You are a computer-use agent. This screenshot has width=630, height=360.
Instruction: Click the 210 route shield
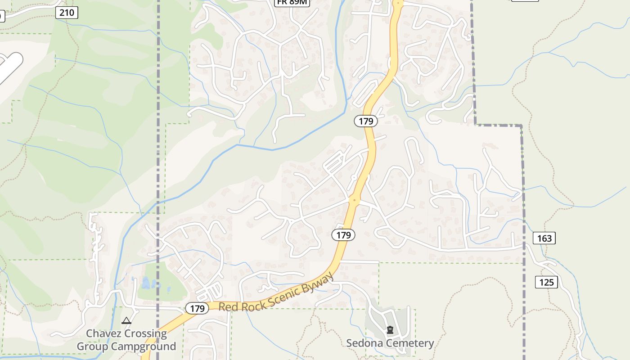click(67, 13)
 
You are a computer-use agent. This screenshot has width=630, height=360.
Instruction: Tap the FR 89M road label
click(292, 2)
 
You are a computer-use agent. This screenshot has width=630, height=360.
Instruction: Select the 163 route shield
click(544, 238)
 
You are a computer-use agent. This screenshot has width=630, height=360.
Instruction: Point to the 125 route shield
click(546, 282)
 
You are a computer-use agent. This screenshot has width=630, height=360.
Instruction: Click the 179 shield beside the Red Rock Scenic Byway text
click(197, 308)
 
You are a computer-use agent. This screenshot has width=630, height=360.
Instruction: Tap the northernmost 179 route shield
click(365, 121)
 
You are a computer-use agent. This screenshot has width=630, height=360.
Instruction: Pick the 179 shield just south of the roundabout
click(343, 234)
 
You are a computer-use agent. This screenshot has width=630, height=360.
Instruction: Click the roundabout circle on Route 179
click(355, 200)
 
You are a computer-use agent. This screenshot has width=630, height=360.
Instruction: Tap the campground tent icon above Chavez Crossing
click(126, 321)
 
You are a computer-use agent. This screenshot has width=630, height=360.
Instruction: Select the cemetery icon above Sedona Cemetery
click(390, 330)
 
